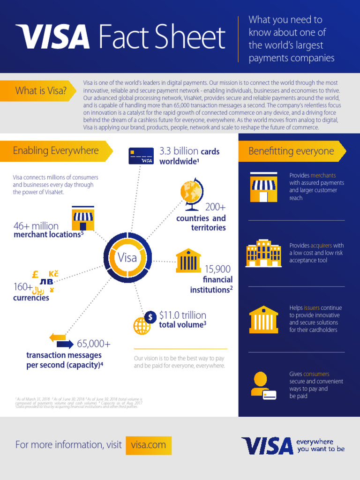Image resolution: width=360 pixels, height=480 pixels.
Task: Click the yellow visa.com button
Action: coord(149,445)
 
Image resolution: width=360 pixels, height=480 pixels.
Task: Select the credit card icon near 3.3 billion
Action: coord(141,156)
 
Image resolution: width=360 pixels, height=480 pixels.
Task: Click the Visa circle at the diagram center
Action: coord(127,257)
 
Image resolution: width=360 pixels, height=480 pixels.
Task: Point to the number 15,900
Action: coord(217,269)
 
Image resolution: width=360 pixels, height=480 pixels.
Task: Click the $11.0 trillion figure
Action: coord(182,315)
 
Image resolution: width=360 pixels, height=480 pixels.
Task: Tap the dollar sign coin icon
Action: coord(150,317)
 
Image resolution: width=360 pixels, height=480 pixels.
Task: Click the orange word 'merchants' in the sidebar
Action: coord(323,175)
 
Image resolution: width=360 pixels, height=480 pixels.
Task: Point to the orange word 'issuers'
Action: coord(312,308)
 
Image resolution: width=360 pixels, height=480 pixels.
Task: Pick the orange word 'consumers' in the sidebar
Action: coord(316,374)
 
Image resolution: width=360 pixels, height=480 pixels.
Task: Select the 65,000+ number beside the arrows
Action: coord(94,344)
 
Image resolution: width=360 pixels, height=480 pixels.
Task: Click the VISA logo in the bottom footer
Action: coord(267,446)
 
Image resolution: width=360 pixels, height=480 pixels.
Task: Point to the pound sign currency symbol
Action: coord(35,275)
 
